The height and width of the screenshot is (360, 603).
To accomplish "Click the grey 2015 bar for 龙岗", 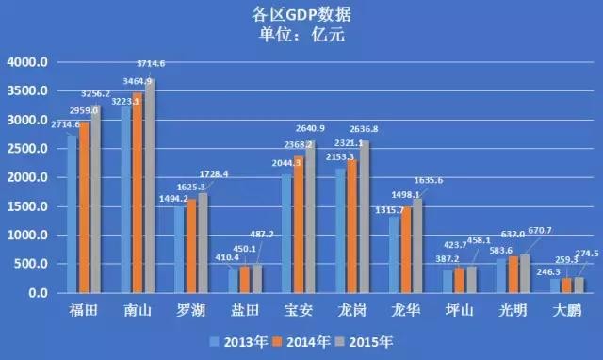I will [364, 218].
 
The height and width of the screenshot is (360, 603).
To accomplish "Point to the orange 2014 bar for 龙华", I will [406, 250].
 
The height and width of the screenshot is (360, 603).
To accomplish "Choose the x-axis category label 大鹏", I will [567, 309].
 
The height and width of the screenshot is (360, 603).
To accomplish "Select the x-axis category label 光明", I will [513, 309].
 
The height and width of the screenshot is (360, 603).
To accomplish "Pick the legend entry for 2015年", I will [371, 341].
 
